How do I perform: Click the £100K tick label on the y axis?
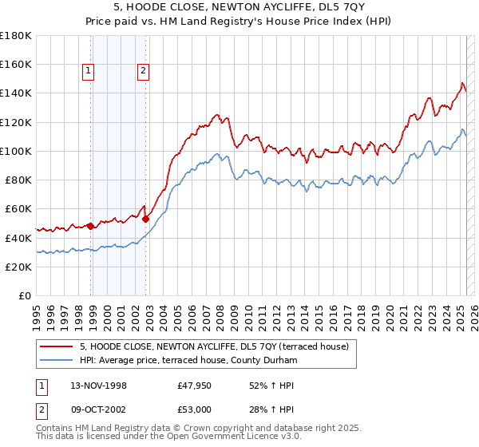[16, 151]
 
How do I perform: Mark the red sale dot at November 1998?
[91, 226]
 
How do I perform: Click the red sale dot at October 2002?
[146, 219]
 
